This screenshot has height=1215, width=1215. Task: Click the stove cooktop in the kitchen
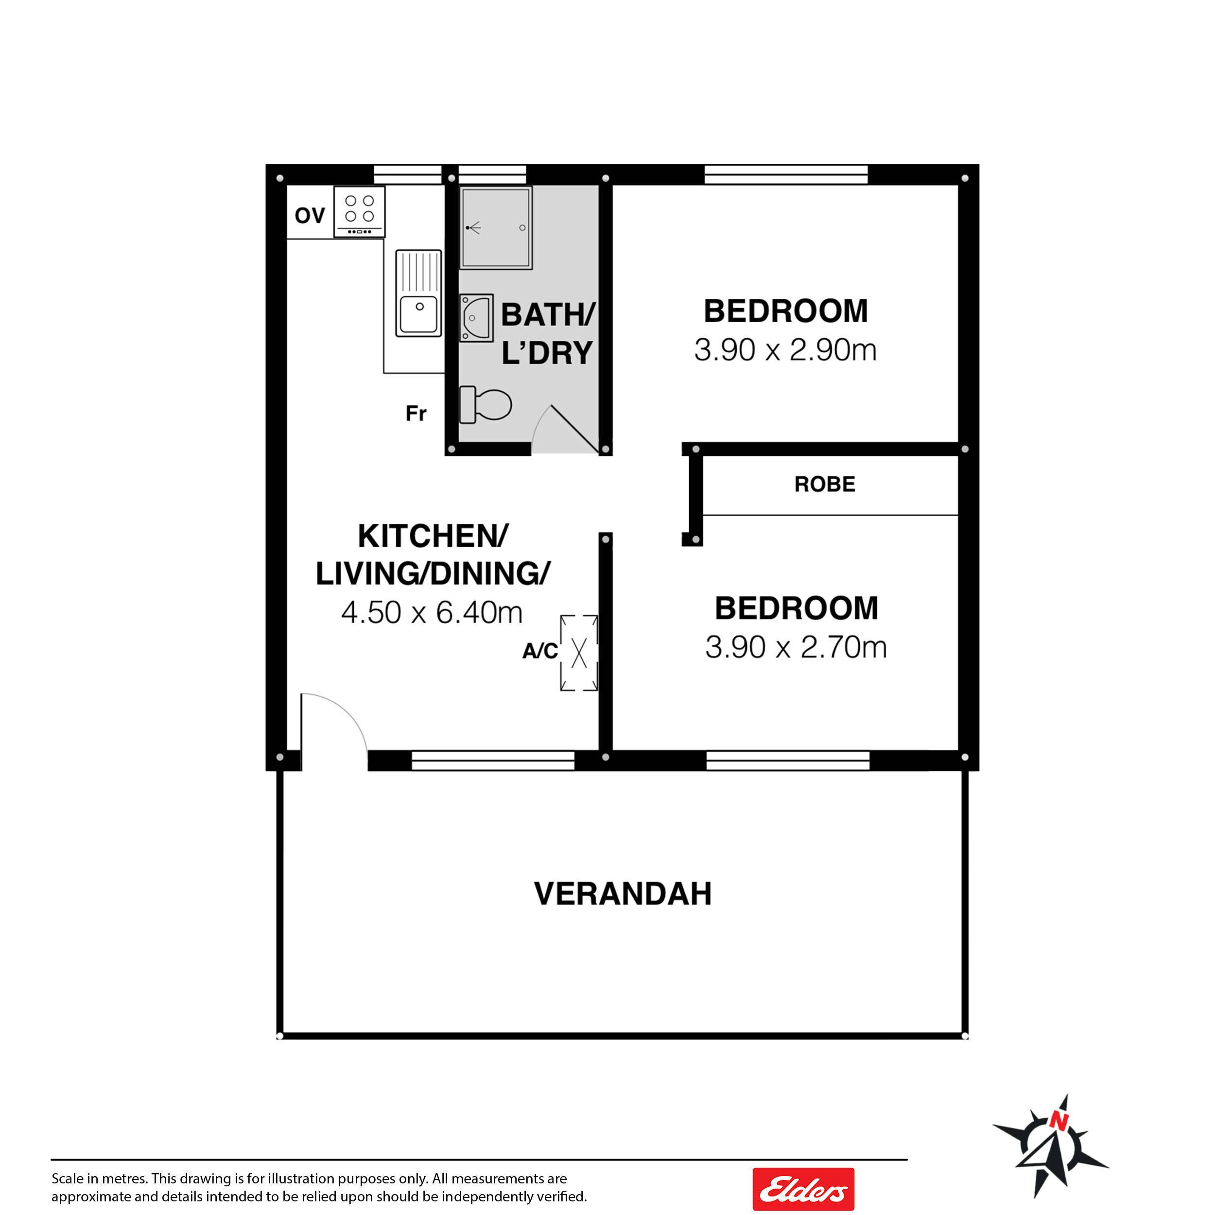click(x=359, y=211)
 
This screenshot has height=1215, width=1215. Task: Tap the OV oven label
click(x=310, y=216)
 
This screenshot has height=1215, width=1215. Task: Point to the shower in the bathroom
click(x=496, y=227)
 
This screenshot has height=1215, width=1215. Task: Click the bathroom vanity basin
click(x=476, y=317)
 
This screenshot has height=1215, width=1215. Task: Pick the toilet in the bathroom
click(x=486, y=404)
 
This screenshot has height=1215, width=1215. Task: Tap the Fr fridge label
click(x=417, y=413)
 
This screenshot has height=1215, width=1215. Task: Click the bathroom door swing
click(x=565, y=430)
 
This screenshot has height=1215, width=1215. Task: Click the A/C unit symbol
click(x=578, y=653)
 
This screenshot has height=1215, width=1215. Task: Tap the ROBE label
click(x=824, y=484)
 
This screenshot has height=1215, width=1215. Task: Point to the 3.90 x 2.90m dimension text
click(x=785, y=349)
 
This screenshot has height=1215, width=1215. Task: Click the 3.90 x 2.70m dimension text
click(x=796, y=647)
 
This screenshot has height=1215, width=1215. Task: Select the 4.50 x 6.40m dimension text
click(x=432, y=612)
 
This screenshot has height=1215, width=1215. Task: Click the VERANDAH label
click(x=623, y=894)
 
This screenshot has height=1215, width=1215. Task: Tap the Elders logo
click(x=803, y=1189)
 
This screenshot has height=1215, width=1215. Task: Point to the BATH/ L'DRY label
click(x=548, y=333)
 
